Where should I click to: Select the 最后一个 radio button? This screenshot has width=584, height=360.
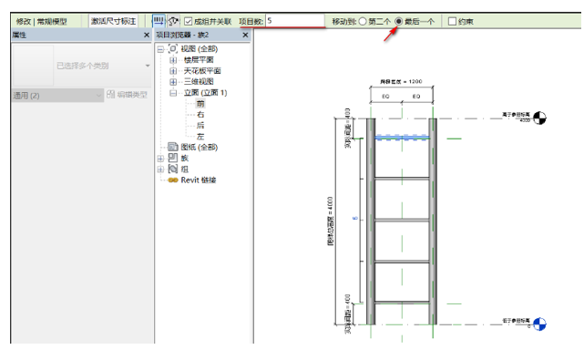399,21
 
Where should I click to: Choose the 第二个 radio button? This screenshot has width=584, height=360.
363,21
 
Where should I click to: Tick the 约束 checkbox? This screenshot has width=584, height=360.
453,21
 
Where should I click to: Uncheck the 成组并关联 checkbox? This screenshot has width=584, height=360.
189,21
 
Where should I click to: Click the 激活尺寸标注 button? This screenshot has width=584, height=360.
113,21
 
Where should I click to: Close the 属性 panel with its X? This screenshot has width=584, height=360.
146,35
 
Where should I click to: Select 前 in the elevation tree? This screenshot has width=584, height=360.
200,103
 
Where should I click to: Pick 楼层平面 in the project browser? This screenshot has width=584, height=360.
201,59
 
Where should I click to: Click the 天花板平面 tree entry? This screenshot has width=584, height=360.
201,70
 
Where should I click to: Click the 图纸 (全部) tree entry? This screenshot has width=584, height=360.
200,147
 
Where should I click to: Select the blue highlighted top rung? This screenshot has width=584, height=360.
401,138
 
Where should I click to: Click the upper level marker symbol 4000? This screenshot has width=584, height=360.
539,117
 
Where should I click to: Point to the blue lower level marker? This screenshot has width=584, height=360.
539,323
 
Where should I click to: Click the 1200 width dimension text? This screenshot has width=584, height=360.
401,81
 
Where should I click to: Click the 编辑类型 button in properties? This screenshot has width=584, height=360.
127,95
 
